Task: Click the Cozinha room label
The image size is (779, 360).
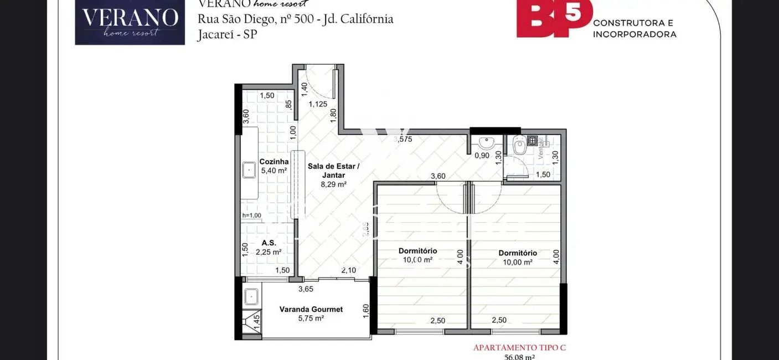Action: click(x=274, y=162)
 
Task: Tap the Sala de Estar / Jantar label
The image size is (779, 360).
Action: click(x=333, y=171)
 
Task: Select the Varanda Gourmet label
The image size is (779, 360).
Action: click(x=311, y=309)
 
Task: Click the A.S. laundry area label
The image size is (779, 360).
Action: click(x=269, y=243)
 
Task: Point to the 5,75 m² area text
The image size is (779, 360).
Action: click(x=311, y=318)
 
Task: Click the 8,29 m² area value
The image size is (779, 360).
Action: click(x=333, y=184)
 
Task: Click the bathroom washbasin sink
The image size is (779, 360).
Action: click(x=486, y=143)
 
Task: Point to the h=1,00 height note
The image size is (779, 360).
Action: click(x=251, y=215)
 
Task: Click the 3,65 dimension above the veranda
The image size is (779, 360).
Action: click(x=306, y=289)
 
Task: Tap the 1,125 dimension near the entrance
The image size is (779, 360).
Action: click(x=318, y=104)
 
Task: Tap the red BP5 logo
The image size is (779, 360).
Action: click(x=554, y=19)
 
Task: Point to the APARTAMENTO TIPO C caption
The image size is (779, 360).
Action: click(x=519, y=348)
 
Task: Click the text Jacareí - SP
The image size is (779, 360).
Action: click(x=227, y=34)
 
